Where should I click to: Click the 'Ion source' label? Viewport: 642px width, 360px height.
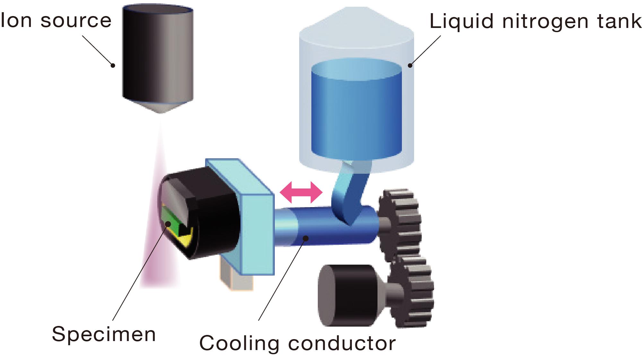coord(56,21)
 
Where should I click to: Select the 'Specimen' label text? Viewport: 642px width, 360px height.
coord(104,335)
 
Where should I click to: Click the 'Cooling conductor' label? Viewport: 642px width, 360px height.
coord(298,343)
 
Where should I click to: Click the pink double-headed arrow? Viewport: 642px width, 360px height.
coord(301,192)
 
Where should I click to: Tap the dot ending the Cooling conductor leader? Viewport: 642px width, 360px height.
coord(306,238)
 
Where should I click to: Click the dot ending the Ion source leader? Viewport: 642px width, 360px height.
coord(113,65)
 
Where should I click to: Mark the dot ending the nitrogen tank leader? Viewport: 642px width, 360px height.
coord(410,66)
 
